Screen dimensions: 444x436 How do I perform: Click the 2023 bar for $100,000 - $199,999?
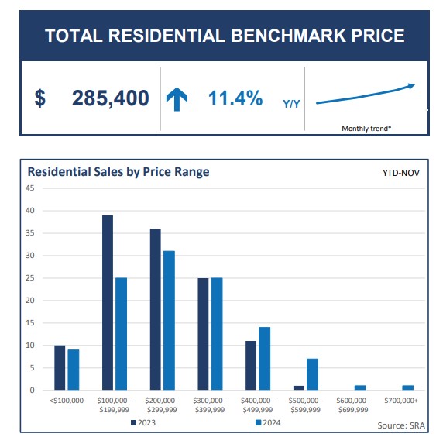click(x=108, y=302)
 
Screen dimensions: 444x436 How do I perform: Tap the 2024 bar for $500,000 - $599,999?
click(x=312, y=374)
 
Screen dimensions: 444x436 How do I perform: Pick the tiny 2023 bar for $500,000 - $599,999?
click(x=299, y=387)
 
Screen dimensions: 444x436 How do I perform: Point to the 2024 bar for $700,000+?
click(x=407, y=387)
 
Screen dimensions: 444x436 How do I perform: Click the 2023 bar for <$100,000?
click(x=60, y=367)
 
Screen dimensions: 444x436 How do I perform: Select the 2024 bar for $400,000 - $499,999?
click(x=264, y=358)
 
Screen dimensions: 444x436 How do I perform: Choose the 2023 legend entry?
click(x=143, y=422)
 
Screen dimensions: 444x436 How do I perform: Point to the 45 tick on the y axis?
click(x=30, y=188)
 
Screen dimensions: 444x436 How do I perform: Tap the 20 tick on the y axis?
click(x=30, y=300)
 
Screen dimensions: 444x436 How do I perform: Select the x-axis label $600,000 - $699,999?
click(x=354, y=404)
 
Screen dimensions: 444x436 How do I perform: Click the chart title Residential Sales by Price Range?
click(x=118, y=171)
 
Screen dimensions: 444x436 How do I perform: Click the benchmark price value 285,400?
click(x=110, y=98)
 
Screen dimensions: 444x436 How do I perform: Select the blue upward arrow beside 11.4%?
click(x=177, y=99)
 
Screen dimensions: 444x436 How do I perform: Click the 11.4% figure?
click(x=235, y=98)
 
